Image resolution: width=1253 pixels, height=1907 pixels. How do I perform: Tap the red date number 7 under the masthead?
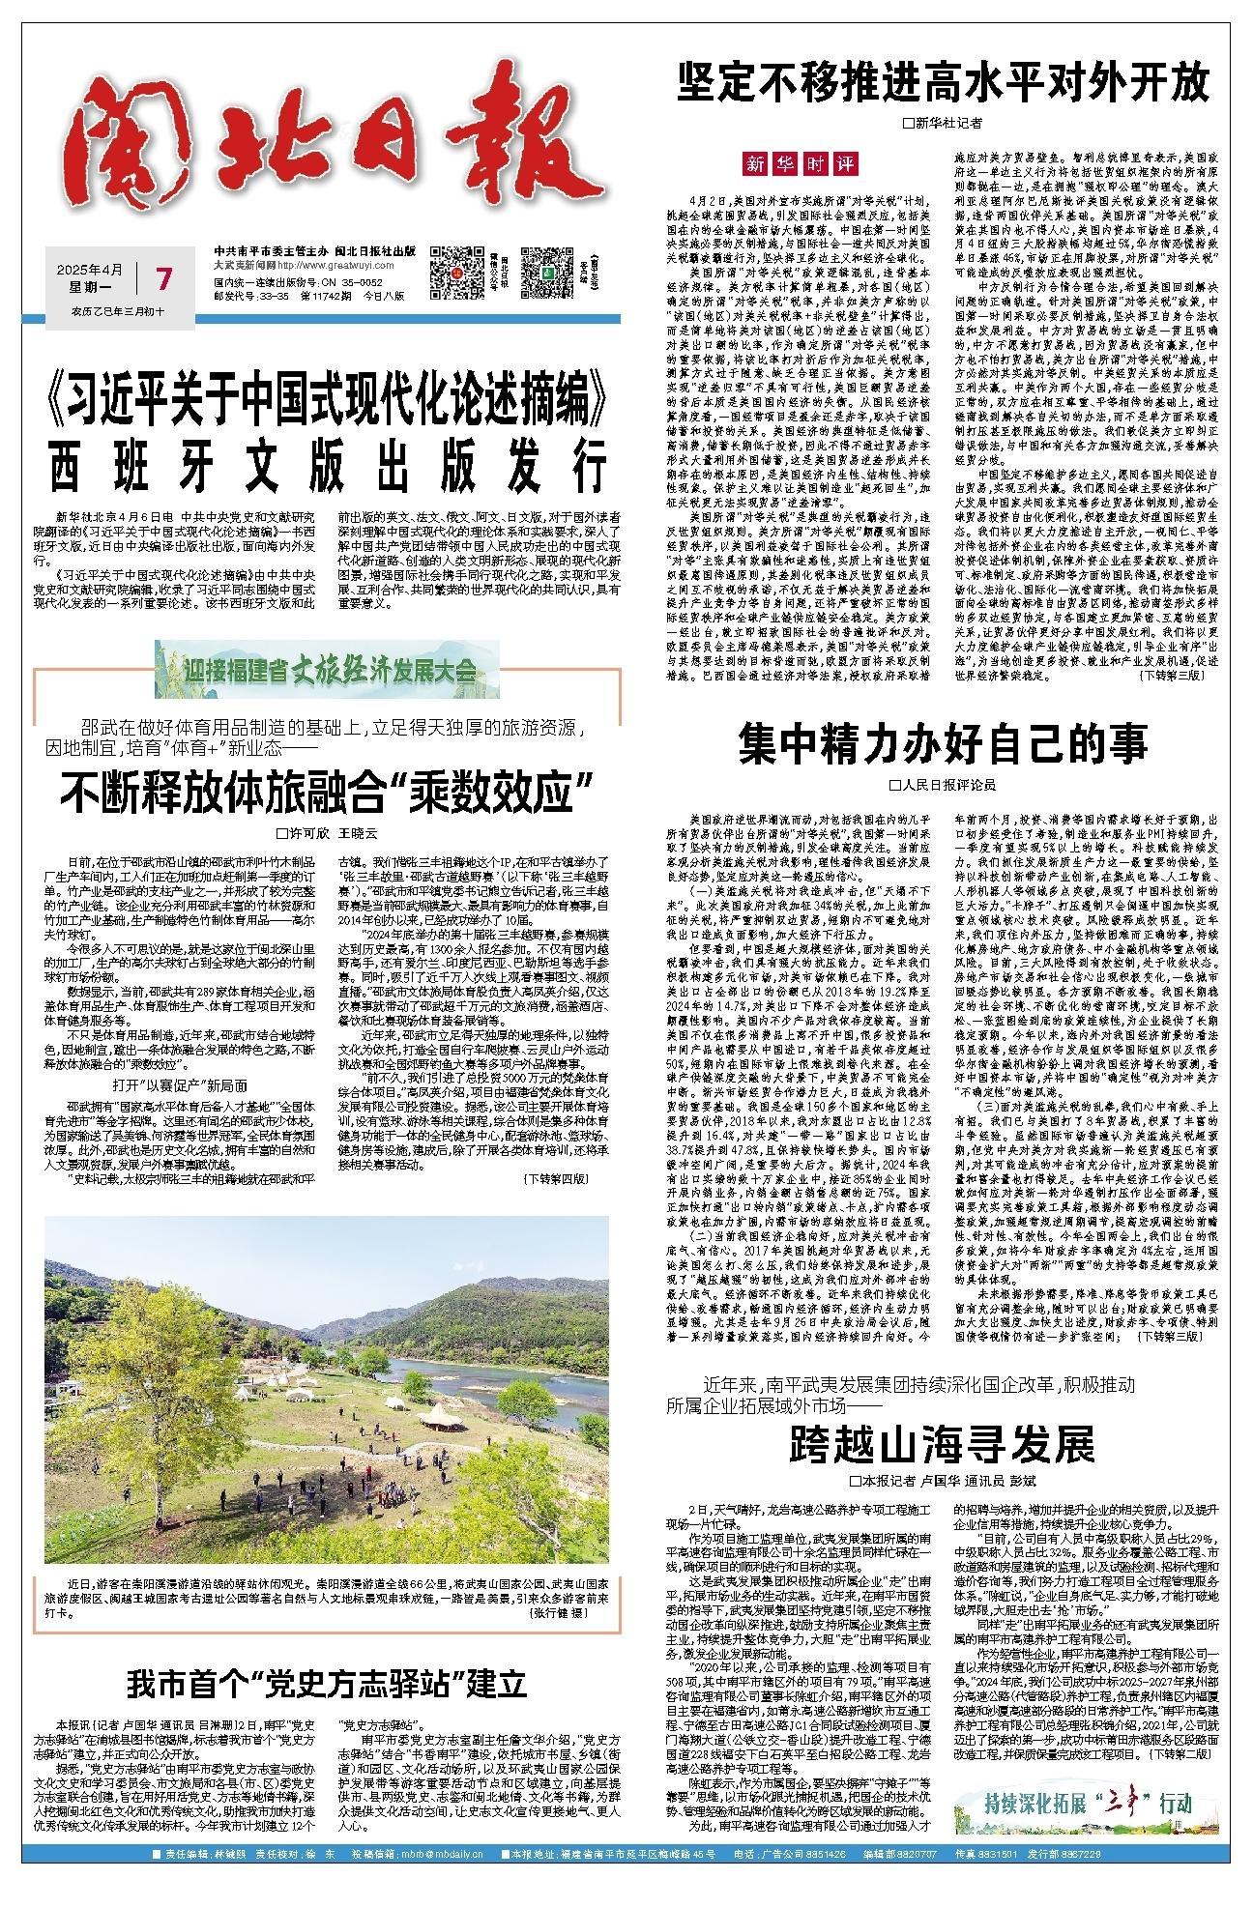163,280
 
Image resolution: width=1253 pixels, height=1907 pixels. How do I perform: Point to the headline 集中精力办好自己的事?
943,745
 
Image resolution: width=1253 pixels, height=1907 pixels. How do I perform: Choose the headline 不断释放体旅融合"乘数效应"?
327,794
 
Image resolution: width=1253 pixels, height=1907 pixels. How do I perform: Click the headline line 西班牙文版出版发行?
327,469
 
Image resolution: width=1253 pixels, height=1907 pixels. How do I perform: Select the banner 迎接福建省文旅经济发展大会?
327,669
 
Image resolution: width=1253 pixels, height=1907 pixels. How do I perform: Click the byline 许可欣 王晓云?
327,832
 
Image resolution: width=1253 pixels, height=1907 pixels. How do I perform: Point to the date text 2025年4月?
89,268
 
